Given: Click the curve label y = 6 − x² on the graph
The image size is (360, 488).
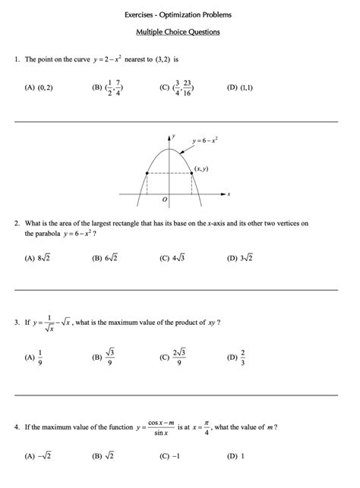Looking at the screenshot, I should (x=205, y=140).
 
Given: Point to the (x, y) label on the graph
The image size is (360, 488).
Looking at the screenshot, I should (x=202, y=168).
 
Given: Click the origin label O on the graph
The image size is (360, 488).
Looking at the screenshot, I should (x=164, y=200).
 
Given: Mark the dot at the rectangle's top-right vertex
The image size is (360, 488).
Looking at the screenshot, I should (x=191, y=174).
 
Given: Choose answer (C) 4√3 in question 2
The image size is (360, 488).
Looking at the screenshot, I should (x=172, y=258).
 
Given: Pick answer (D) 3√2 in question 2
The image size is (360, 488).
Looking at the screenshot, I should (x=239, y=258).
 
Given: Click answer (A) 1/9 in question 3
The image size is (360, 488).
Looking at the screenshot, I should (x=35, y=357).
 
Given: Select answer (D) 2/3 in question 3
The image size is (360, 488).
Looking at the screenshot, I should (x=237, y=357).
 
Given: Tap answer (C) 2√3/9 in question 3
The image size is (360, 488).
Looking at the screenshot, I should (x=173, y=357).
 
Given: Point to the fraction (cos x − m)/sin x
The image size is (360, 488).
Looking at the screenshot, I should (x=161, y=427).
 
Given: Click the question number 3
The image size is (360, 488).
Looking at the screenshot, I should (x=16, y=323).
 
